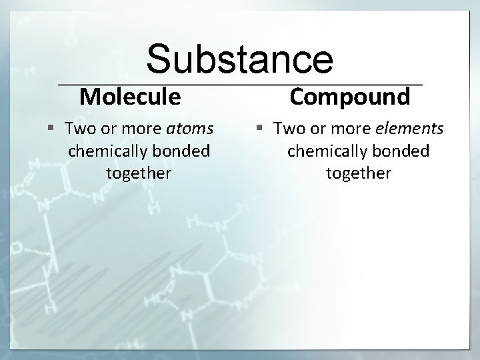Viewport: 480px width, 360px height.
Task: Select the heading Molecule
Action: [130, 97]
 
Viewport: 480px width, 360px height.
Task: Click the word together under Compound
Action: [359, 173]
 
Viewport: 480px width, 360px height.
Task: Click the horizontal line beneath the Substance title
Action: [240, 85]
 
